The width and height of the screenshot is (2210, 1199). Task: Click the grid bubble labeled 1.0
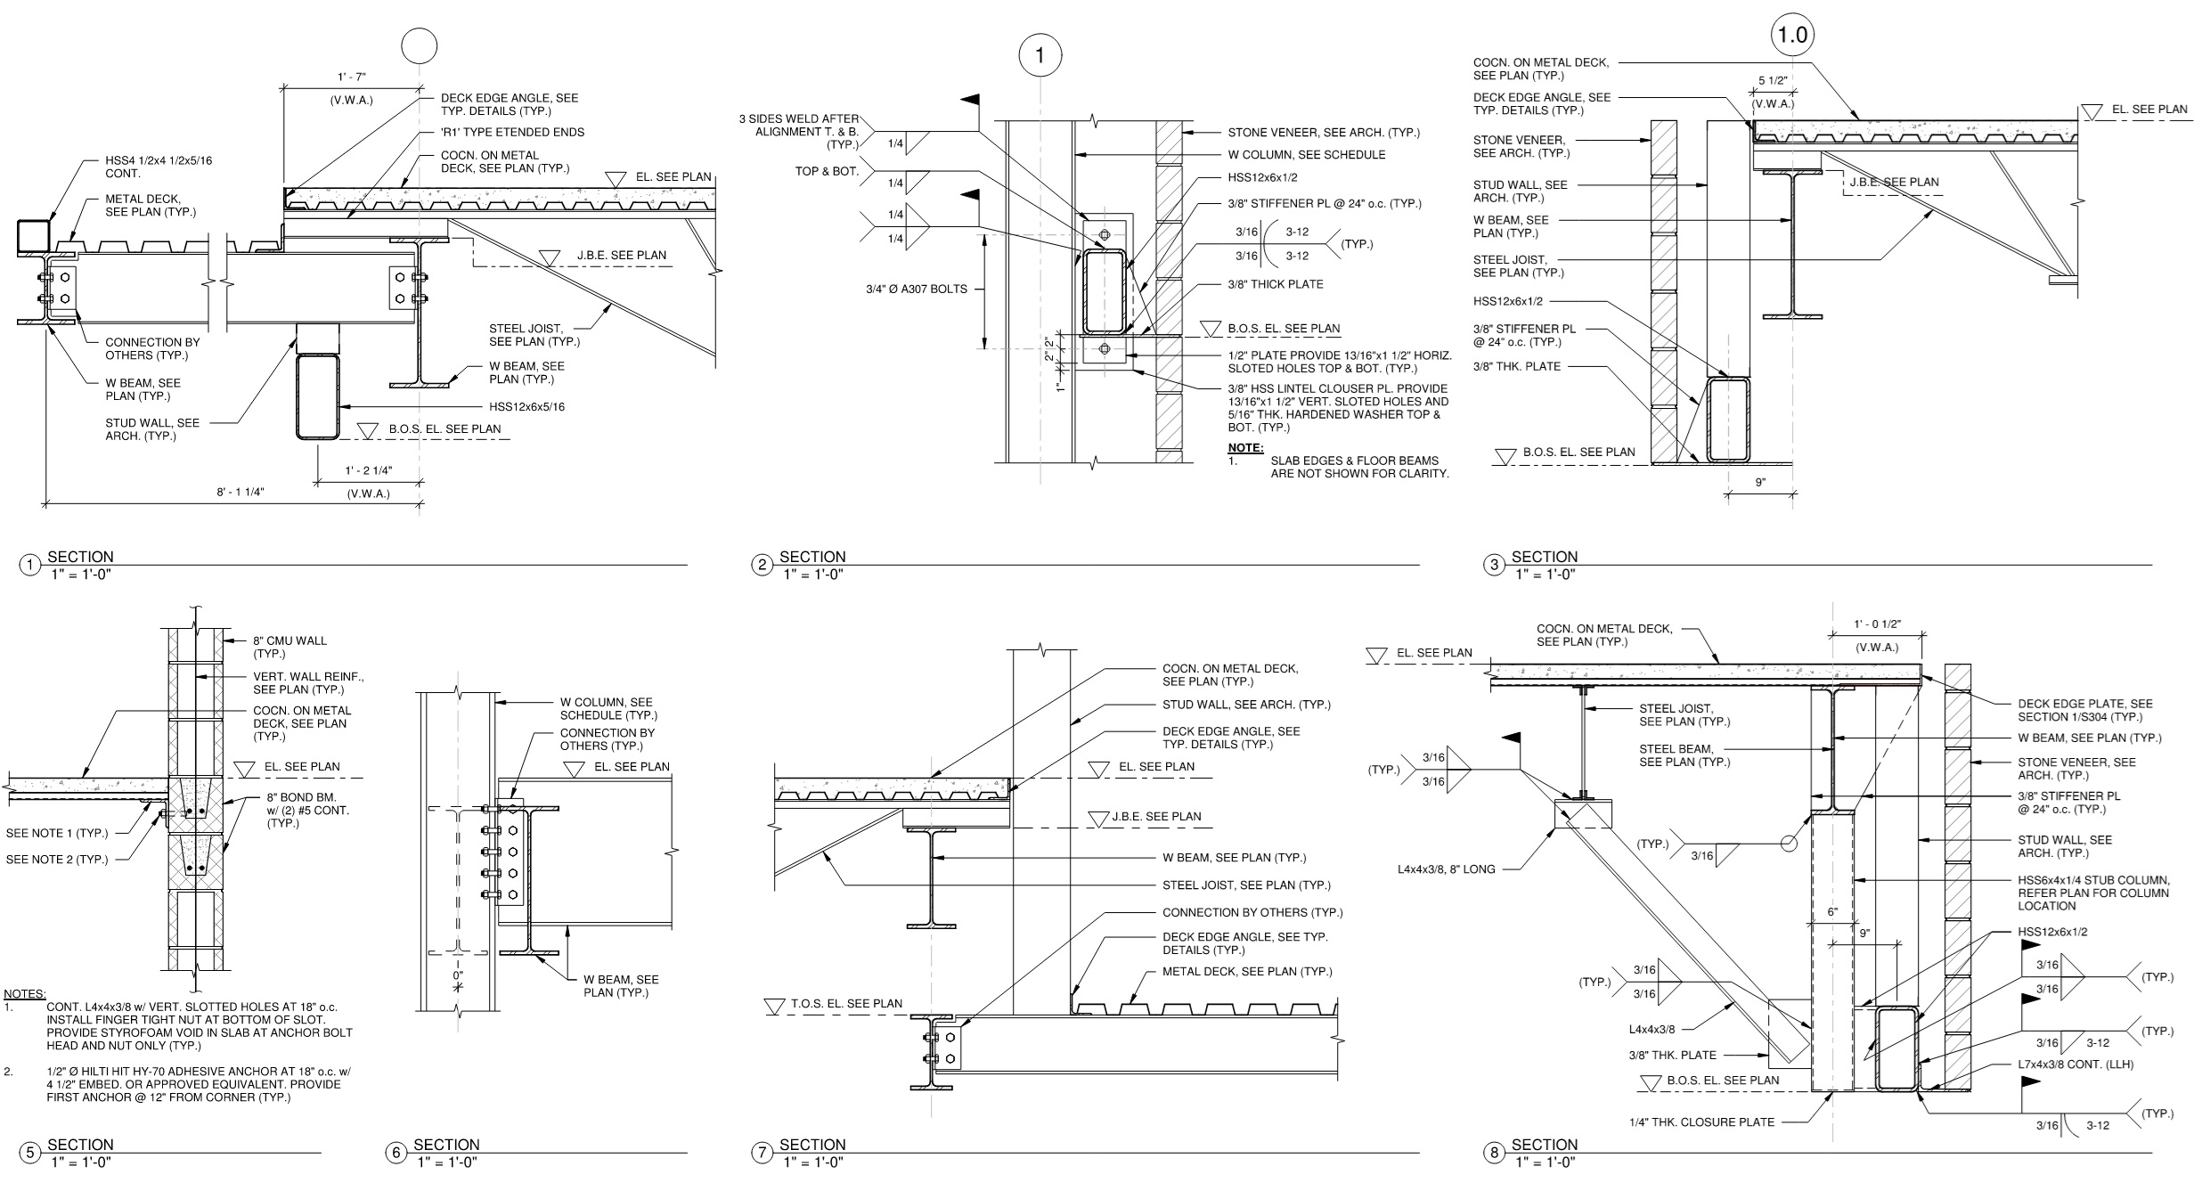1792,36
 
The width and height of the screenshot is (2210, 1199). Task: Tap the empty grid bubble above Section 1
420,48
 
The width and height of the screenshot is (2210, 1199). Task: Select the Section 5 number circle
30,1153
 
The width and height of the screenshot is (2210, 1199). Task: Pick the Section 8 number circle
1495,1153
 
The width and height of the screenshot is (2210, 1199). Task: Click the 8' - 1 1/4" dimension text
241,492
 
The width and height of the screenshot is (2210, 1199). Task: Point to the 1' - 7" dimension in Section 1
352,77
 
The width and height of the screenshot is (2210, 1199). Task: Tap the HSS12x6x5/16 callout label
526,407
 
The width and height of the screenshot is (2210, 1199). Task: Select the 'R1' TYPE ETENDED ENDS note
512,133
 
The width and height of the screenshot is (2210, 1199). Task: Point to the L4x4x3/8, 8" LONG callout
1446,869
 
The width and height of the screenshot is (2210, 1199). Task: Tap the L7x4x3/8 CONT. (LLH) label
2075,1064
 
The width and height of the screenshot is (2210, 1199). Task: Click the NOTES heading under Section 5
25,993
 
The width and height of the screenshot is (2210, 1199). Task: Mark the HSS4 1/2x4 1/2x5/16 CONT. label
159,167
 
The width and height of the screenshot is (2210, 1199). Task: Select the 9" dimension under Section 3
1760,483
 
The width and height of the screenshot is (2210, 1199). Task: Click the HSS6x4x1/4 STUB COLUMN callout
2093,893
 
